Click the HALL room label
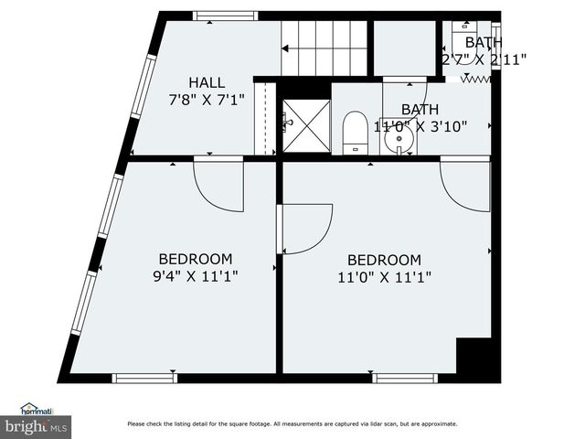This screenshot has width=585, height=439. coord(207,82)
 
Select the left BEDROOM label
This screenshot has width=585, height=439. coord(196,259)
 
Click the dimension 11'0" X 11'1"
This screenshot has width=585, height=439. coord(384,275)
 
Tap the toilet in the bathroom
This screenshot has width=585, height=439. coord(354,134)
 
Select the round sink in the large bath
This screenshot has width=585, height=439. coord(399,139)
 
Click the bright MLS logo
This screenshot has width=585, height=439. coord(37,426)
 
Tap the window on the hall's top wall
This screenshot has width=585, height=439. coord(225,16)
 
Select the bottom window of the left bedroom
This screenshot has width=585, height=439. coord(144,377)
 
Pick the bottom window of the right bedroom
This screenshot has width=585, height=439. coord(405,377)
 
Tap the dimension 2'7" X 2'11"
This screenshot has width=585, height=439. coord(484,59)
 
